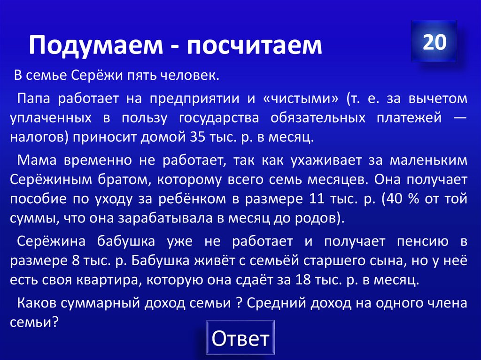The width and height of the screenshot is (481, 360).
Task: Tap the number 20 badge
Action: [434, 42]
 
